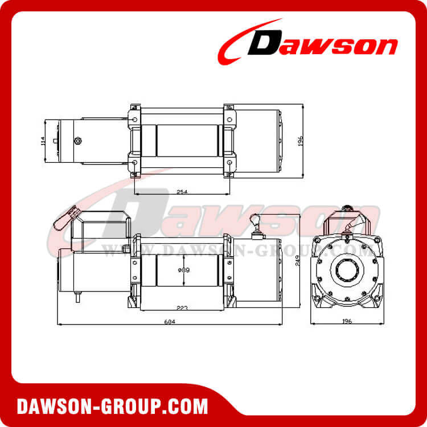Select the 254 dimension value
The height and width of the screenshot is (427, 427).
182,191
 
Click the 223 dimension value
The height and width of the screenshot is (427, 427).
182,307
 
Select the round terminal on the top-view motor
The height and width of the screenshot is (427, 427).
77,140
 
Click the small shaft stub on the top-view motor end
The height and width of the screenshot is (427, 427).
55,141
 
